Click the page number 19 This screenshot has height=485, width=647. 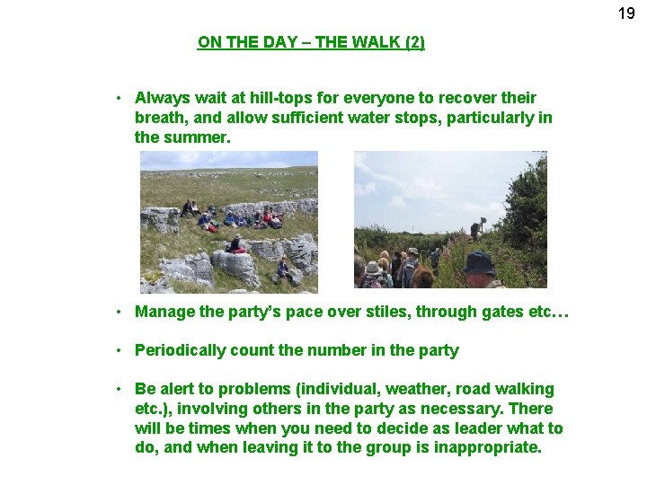click(626, 13)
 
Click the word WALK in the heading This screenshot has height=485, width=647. click(364, 42)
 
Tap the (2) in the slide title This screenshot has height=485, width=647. click(413, 42)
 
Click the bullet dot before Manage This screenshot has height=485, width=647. click(119, 313)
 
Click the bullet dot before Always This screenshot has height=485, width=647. click(119, 98)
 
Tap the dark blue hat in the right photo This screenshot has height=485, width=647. click(478, 262)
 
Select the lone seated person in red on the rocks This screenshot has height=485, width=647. click(236, 244)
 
